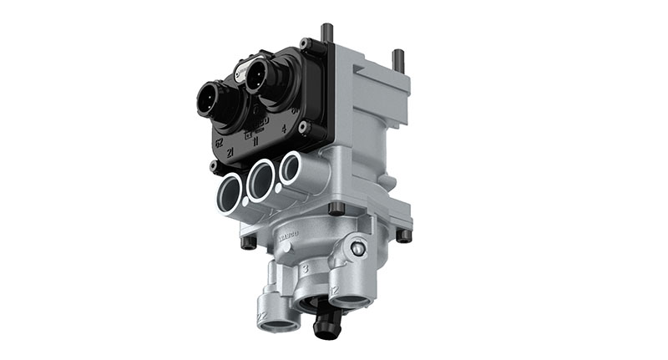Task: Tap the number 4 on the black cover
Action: click(x=285, y=128)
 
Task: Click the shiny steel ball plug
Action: click(x=358, y=248)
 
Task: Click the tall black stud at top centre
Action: click(x=326, y=34)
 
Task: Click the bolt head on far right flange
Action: click(x=404, y=236)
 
